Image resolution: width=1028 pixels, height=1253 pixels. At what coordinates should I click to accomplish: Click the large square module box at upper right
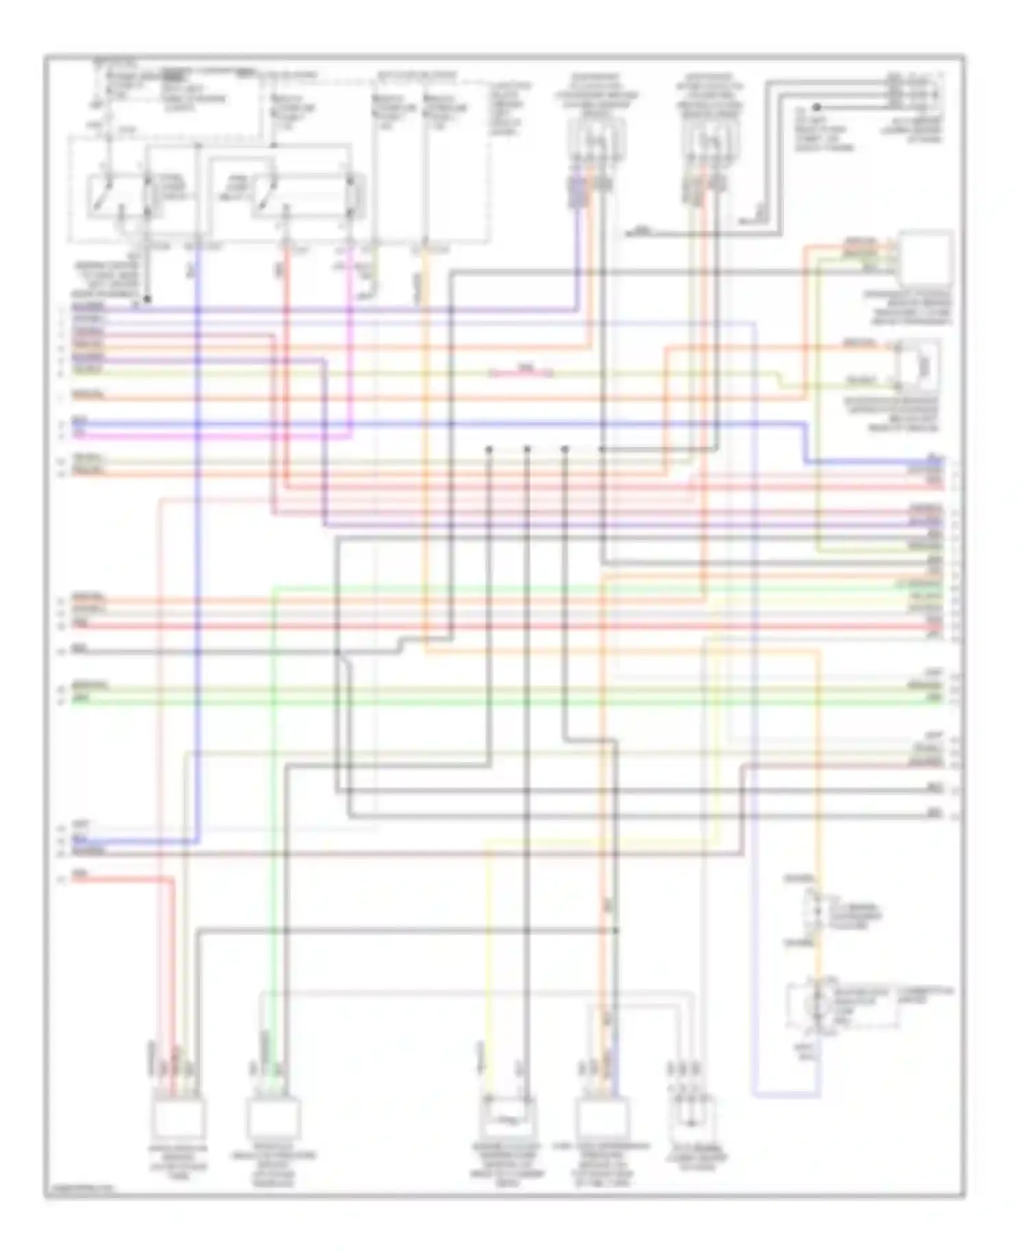click(925, 258)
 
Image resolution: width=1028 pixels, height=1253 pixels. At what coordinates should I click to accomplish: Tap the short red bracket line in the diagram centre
click(522, 374)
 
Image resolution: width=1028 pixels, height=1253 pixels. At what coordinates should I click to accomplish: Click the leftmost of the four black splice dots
click(489, 450)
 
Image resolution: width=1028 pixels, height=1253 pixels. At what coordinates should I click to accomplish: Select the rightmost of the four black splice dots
click(602, 450)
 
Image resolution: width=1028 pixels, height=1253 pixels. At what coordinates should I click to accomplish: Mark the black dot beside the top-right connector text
click(816, 107)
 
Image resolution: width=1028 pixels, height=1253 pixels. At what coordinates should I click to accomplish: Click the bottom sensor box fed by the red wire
click(179, 1119)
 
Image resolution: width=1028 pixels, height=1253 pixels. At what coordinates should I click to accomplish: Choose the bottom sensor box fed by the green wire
click(273, 1119)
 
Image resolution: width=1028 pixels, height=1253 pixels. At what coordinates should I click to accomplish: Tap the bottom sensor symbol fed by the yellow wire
click(508, 1119)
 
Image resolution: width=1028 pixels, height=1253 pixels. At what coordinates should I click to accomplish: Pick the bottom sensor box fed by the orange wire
click(602, 1119)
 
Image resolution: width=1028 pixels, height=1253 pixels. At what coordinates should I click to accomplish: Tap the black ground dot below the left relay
click(147, 300)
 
